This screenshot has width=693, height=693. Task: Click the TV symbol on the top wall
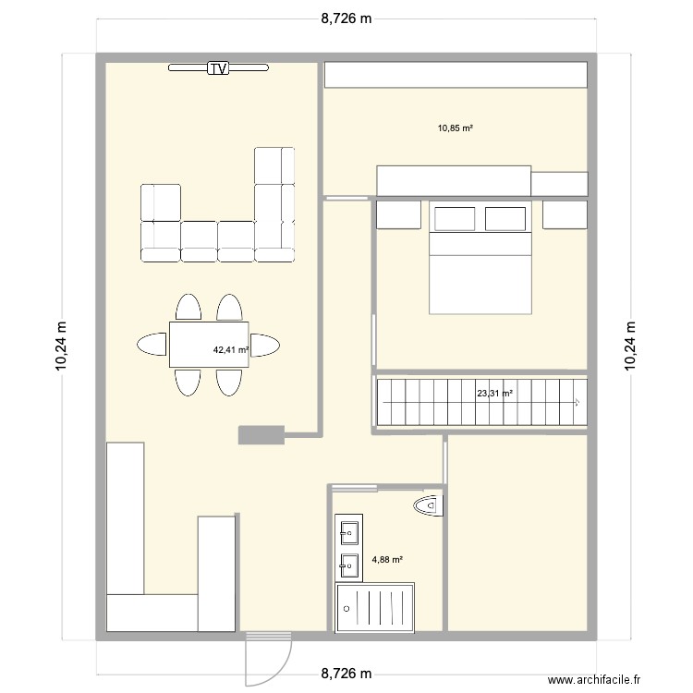218,67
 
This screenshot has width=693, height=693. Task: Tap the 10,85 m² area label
456,128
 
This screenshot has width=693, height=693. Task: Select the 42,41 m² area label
231,350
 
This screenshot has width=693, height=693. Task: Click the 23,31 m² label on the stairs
494,394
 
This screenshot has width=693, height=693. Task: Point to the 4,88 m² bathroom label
386,559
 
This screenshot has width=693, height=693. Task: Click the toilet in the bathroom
430,505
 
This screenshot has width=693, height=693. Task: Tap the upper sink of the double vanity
349,531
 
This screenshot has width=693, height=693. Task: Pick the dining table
208,344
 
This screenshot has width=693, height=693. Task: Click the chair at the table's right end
265,345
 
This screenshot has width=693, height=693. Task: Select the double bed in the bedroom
481,273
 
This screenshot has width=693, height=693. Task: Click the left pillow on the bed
455,219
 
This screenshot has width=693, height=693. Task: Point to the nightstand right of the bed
565,214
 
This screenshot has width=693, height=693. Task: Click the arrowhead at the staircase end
577,402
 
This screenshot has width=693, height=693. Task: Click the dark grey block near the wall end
261,435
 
